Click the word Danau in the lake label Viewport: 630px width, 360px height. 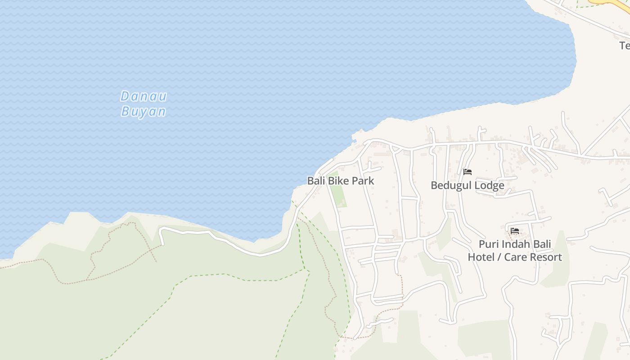[144, 96]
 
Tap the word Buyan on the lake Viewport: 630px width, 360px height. [144, 112]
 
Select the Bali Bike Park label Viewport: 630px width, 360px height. [341, 181]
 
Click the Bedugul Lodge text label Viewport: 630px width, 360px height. [467, 185]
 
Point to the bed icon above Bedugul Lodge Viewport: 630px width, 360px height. [468, 172]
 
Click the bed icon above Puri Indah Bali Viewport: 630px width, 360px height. [515, 231]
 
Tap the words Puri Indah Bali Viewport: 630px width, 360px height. [515, 245]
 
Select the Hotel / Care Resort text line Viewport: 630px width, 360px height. [515, 257]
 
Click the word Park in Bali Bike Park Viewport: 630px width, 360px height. [363, 181]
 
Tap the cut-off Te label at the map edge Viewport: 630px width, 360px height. [625, 45]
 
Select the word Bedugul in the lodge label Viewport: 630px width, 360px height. [451, 185]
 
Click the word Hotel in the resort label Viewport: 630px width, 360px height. [481, 257]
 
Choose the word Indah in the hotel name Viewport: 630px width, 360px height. [517, 245]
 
